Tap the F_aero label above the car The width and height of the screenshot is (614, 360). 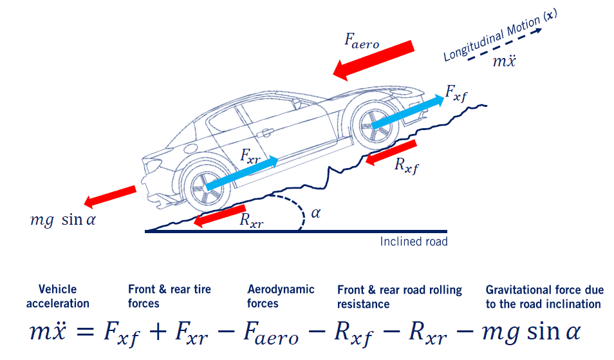point(362,40)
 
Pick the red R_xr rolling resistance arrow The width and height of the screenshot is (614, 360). point(219,217)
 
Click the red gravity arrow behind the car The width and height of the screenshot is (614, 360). point(110,196)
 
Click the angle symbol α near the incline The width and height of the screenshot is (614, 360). point(315,213)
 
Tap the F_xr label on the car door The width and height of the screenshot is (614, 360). point(252,155)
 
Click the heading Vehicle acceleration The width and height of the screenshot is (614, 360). point(58,296)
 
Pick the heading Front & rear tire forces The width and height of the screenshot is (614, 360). point(169,296)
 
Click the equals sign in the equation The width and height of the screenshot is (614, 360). point(83,333)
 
